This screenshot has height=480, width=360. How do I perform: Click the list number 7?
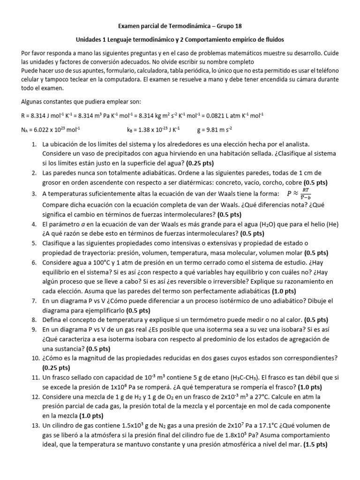34,301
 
